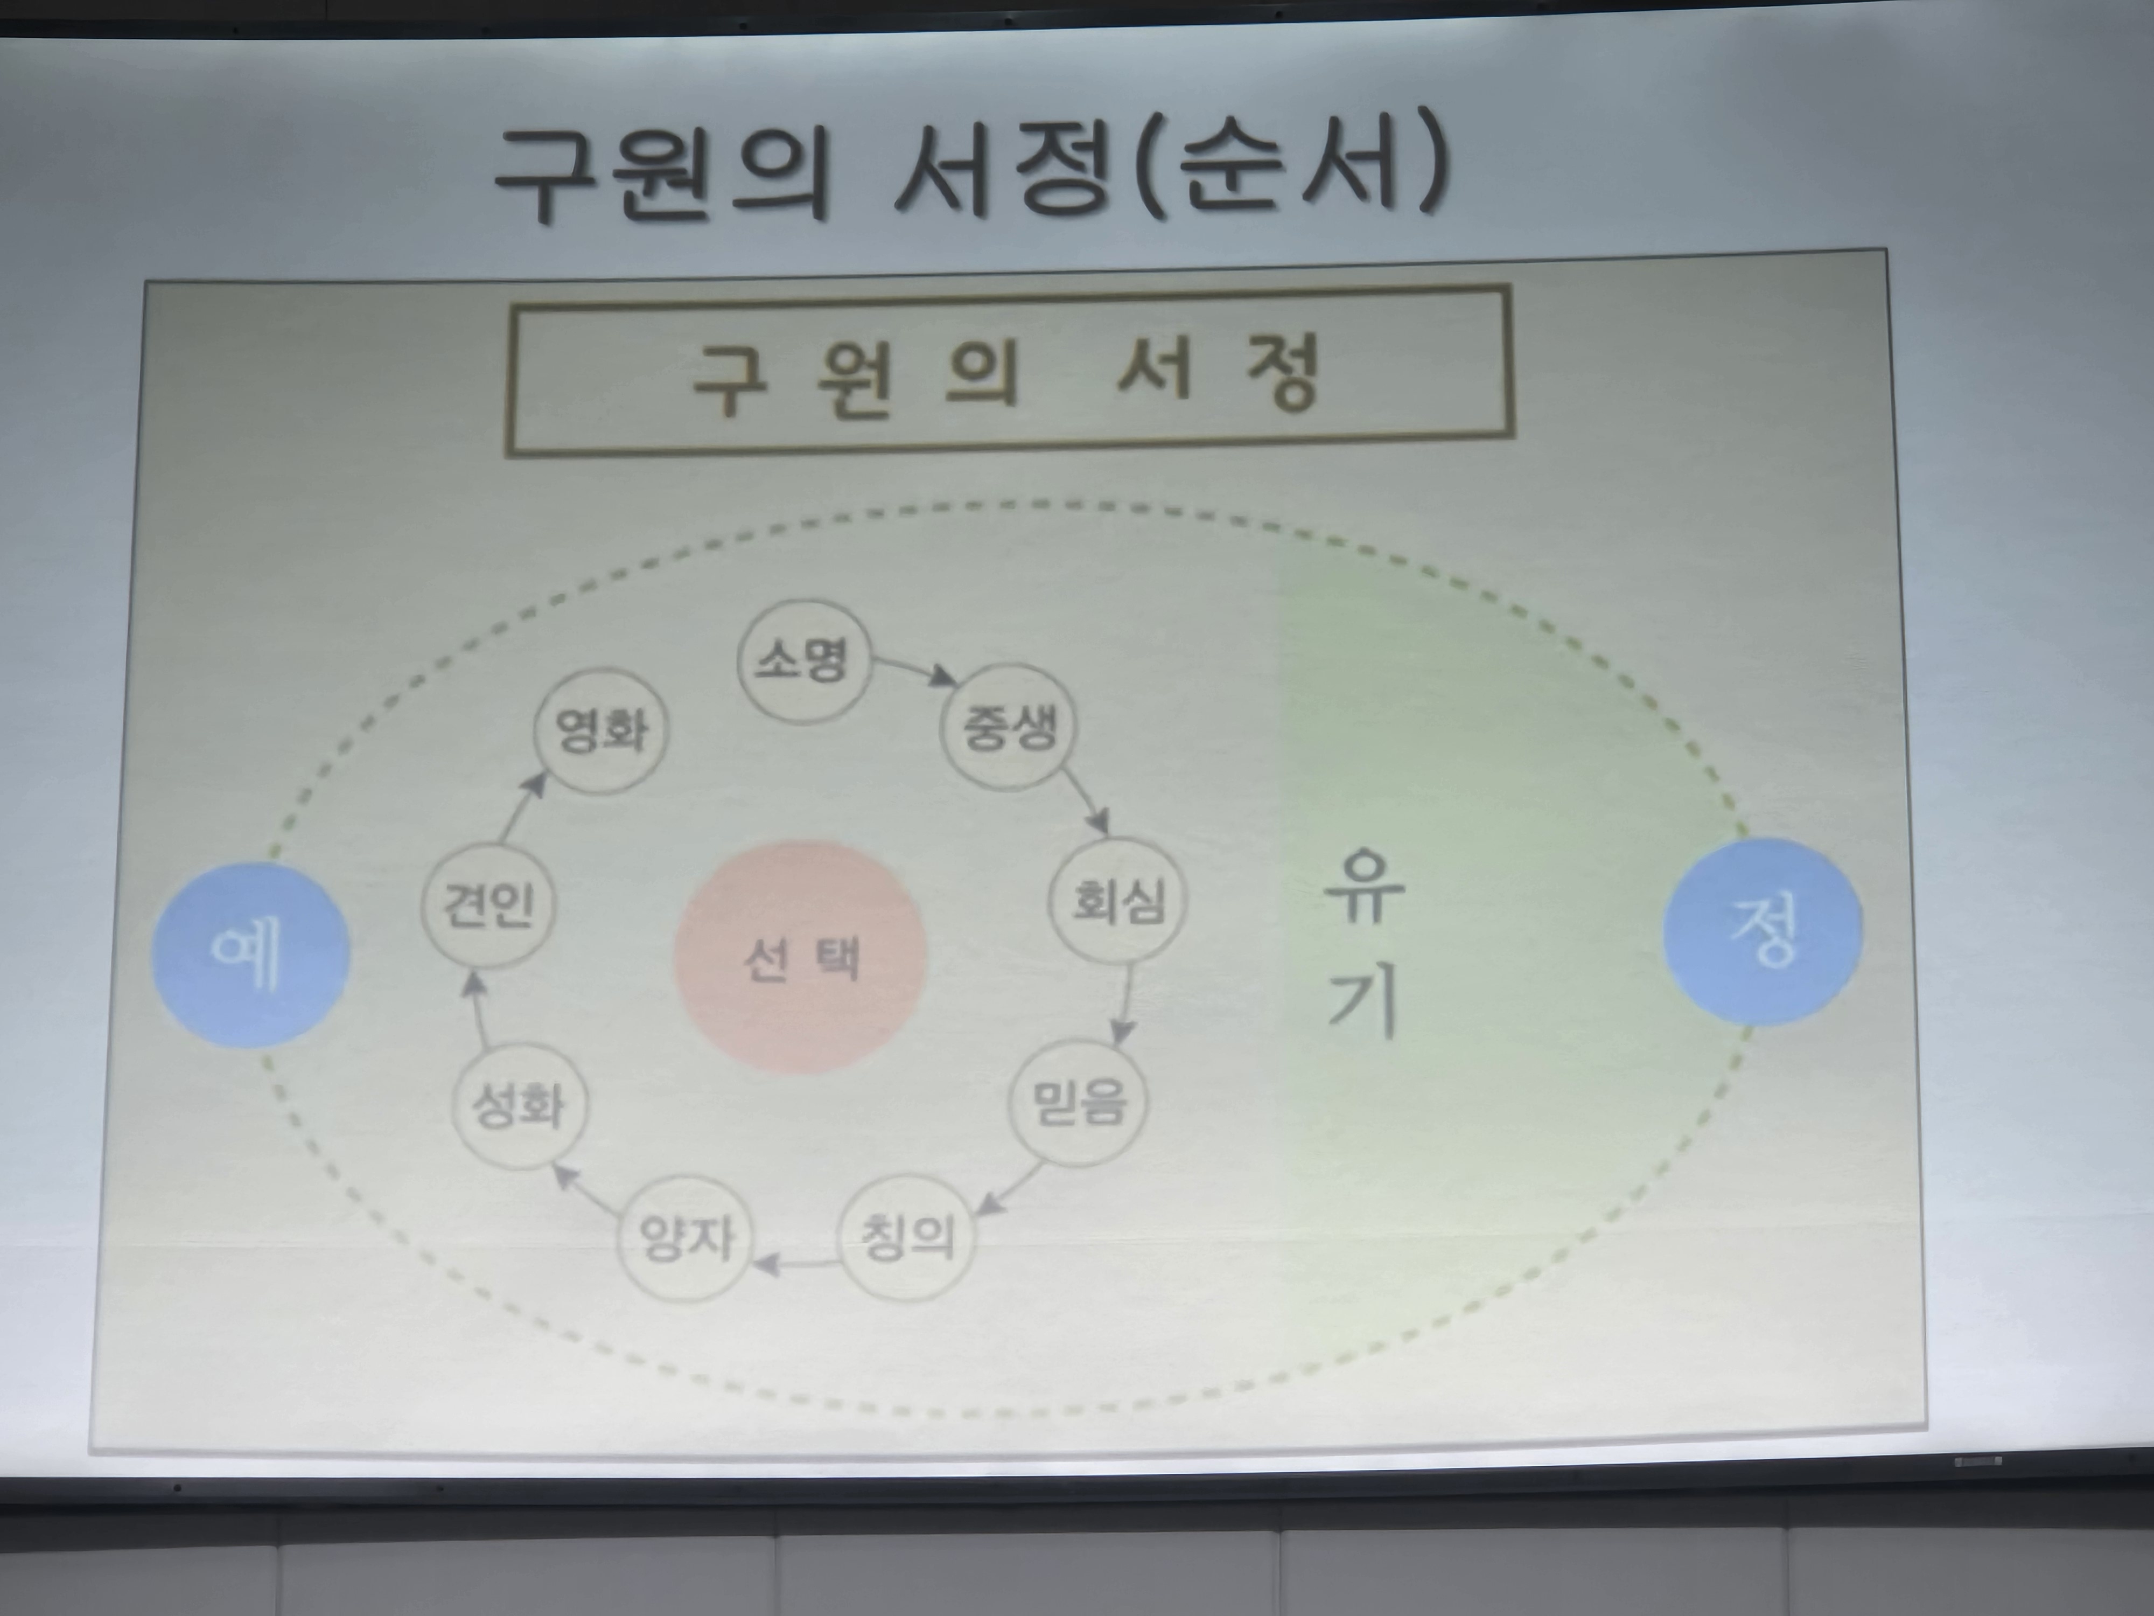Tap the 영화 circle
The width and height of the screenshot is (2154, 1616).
[601, 729]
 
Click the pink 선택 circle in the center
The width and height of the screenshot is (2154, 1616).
[800, 958]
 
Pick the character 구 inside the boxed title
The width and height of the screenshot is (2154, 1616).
[729, 378]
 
